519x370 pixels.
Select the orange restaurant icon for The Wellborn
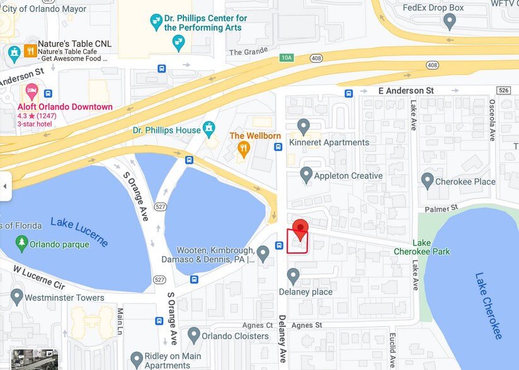tap(243, 149)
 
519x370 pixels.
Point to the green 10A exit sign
tap(287, 58)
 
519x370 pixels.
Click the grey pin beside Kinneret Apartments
tap(304, 126)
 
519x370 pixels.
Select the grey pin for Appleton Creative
tap(306, 174)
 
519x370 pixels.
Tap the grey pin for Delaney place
tap(293, 276)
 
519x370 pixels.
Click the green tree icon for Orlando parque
tap(22, 242)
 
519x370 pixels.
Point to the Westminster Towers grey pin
tap(17, 296)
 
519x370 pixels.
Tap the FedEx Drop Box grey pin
tap(449, 21)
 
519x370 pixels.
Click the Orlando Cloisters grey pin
tap(193, 334)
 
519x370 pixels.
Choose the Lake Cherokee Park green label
tap(431, 247)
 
